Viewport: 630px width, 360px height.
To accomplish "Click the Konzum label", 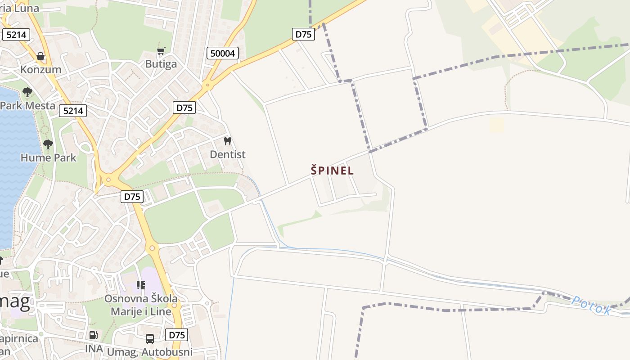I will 40,69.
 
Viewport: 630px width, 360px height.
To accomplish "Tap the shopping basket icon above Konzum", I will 40,56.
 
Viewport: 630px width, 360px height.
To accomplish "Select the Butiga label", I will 161,64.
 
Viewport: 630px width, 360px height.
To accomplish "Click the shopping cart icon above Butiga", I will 161,51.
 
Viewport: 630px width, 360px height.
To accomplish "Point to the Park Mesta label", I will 27,106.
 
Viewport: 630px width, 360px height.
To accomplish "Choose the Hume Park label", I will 48,157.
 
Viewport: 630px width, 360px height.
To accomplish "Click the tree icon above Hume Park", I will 48,144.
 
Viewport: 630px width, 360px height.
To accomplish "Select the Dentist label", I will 228,154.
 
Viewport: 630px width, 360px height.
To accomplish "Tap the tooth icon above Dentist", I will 227,141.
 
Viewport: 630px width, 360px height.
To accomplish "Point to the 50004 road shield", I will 223,53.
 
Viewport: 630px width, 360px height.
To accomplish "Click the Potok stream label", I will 591,306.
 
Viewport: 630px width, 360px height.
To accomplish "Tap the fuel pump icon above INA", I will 93,335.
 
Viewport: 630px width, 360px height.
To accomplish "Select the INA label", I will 94,349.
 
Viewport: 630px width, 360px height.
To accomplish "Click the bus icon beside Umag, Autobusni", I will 150,339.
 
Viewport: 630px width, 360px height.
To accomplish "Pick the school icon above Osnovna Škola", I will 141,285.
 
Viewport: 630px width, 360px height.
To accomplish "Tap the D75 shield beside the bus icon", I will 176,335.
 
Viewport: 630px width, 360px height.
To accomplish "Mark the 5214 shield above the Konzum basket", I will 16,34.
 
